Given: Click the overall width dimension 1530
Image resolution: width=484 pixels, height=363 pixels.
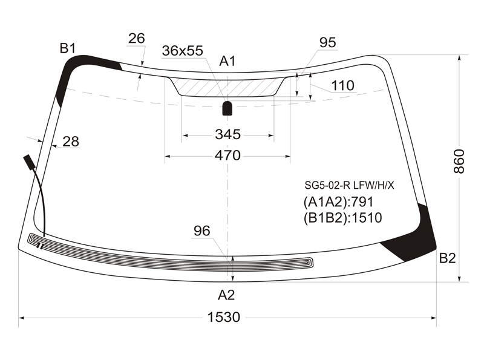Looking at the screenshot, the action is pos(223,317).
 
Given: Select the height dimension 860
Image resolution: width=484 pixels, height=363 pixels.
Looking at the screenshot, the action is pos(459,161).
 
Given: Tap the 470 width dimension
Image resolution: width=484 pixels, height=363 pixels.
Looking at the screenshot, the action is pos(227,155).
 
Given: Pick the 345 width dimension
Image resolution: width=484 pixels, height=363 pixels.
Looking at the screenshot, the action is pos(228,134).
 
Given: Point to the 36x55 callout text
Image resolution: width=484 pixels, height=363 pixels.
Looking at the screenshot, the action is pos(183,51).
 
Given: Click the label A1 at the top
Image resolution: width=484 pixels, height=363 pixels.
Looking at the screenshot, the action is pos(227,61).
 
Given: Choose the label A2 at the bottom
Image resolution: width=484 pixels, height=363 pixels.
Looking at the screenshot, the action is pos(226,295).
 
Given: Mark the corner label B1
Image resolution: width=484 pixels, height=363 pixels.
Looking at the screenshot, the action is pos(68,48).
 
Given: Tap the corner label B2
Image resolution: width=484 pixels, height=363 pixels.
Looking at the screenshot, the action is pos(447,258).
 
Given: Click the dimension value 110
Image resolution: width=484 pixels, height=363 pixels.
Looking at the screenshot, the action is pos(342,85).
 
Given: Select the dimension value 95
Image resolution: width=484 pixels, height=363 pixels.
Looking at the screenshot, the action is pos(327,42).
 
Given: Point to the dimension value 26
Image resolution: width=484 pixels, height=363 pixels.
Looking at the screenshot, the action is pos(137,39).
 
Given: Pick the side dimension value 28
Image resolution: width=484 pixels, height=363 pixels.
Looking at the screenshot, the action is pos(71,142).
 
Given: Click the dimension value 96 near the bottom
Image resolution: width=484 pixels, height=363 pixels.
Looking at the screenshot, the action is pos(202,231).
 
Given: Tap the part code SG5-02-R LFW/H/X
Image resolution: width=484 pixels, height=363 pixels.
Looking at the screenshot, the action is pos(350,185).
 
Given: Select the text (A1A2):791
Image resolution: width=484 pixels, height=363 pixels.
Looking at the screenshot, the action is pos(338,202).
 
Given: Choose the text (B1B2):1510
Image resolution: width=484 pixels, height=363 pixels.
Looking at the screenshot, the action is pos(342,218).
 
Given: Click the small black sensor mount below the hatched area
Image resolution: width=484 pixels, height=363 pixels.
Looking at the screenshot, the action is pos(227,108).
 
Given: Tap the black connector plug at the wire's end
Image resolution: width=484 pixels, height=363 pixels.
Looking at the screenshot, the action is pos(30,162).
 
